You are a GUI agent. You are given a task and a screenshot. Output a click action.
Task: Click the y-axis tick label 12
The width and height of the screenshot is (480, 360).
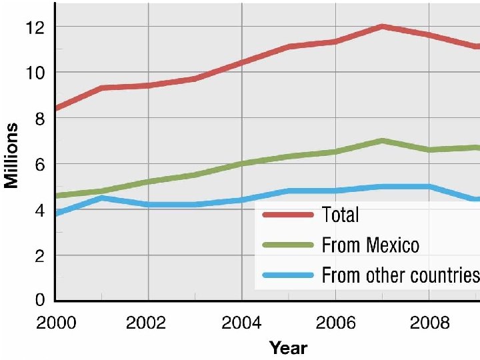pos(35,27)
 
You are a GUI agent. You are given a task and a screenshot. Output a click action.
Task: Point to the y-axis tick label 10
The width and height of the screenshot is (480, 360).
pos(35,73)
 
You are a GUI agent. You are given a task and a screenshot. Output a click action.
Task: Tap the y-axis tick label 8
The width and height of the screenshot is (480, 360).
pos(40,119)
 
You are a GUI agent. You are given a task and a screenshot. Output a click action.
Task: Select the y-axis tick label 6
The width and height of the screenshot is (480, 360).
pos(40,165)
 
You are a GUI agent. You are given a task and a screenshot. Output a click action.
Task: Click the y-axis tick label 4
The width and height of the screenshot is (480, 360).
pos(40,211)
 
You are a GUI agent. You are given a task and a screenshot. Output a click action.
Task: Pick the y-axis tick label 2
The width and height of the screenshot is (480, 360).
pos(40,257)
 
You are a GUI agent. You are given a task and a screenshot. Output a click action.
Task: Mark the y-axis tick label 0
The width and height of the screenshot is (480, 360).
pos(40,300)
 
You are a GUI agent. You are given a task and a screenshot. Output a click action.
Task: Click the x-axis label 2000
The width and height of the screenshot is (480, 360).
pos(56,323)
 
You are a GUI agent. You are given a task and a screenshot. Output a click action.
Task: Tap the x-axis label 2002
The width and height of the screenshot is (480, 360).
pos(146,323)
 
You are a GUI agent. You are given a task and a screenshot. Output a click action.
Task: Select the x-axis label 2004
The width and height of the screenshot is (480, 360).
pos(241,323)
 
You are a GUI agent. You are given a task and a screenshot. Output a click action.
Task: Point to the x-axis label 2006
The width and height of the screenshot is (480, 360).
pos(335,323)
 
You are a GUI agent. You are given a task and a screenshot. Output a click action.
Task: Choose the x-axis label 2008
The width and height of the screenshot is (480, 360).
pos(429,323)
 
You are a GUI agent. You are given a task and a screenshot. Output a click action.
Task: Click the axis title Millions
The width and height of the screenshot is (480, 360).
pos(11,155)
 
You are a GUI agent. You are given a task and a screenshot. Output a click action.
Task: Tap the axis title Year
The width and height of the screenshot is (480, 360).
pos(289,348)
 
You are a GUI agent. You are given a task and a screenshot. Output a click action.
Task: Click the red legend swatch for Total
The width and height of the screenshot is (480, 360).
pos(289,215)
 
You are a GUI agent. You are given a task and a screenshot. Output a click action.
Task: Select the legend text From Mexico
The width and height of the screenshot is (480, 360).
pos(371,245)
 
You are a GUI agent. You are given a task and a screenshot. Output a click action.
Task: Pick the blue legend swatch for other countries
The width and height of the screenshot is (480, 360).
pos(289,275)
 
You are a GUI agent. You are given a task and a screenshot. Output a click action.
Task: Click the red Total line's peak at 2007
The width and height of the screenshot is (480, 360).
pos(382,27)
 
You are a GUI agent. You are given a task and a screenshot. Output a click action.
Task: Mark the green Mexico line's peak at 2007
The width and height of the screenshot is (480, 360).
pos(382,141)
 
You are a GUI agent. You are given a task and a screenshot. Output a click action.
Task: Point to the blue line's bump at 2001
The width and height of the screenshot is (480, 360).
pos(101,198)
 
